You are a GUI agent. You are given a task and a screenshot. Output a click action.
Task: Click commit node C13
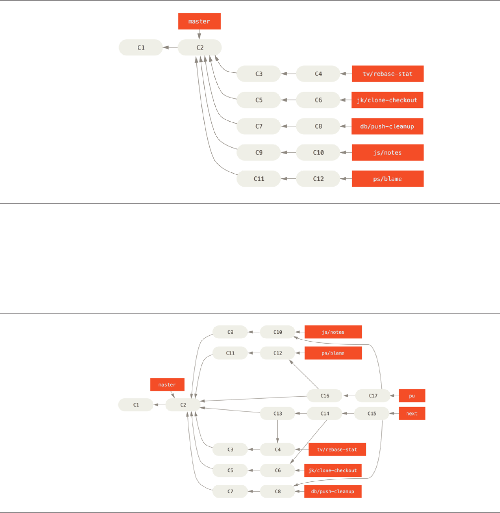tap(278, 413)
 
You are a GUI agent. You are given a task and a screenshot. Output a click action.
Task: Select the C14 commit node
tap(325, 413)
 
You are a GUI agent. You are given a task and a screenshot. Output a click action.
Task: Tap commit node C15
tap(372, 413)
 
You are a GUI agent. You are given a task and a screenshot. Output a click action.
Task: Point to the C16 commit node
tap(325, 396)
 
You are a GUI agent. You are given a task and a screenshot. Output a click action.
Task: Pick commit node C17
tap(373, 396)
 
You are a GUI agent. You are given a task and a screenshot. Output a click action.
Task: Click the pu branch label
tap(412, 396)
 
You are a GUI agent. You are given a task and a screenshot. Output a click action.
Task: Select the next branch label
tap(412, 413)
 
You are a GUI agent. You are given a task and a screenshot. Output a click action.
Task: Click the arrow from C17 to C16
tap(349, 396)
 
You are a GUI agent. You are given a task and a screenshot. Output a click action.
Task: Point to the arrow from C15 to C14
tap(349, 413)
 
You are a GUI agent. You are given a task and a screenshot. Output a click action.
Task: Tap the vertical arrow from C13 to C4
tap(277, 430)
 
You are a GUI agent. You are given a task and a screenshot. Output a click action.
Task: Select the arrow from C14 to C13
tap(301, 413)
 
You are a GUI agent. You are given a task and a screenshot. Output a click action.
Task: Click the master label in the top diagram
tap(199, 22)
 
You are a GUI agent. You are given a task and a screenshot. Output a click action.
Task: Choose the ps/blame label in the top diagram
tap(387, 179)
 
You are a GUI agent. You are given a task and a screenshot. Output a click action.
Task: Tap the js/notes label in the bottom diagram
tap(333, 332)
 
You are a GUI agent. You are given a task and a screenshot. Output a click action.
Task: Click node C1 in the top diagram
tap(141, 48)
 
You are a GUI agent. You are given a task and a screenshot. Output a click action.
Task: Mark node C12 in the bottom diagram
tap(278, 353)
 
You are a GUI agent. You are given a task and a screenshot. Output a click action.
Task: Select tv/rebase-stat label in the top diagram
tap(387, 74)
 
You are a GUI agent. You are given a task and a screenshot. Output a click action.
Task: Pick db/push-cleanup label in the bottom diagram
tap(333, 492)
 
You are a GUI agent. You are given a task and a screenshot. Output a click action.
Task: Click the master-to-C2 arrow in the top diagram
tap(199, 35)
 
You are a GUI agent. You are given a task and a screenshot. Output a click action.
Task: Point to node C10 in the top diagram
tap(318, 153)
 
